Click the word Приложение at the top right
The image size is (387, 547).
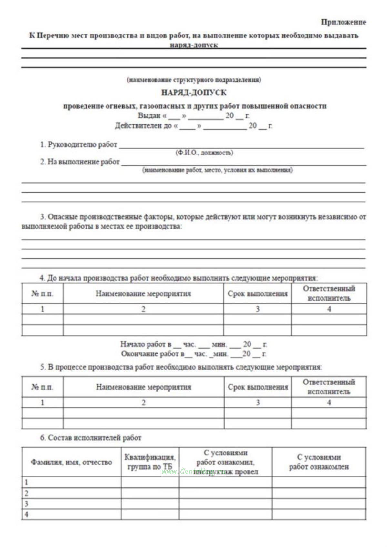pyautogui.click(x=343, y=22)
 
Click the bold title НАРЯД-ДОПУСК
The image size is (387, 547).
pyautogui.click(x=194, y=93)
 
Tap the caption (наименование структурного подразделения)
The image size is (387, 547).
pyautogui.click(x=194, y=80)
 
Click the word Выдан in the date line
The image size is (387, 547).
pyautogui.click(x=149, y=115)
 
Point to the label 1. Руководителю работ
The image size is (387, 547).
pyautogui.click(x=78, y=145)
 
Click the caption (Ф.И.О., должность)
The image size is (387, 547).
pyautogui.click(x=204, y=153)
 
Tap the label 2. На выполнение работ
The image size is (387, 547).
pyautogui.click(x=80, y=162)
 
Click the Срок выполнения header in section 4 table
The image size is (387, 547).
pyautogui.click(x=257, y=294)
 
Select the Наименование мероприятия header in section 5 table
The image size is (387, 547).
pyautogui.click(x=143, y=387)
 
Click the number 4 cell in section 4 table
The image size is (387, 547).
pyautogui.click(x=329, y=309)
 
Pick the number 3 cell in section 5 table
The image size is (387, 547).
pyautogui.click(x=258, y=403)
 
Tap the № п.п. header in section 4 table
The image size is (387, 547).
pyautogui.click(x=42, y=294)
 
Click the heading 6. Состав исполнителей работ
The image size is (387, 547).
pyautogui.click(x=91, y=438)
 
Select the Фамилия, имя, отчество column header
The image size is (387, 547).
pyautogui.click(x=71, y=462)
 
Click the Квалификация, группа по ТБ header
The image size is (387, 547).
pyautogui.click(x=150, y=462)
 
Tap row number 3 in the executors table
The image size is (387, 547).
pyautogui.click(x=26, y=504)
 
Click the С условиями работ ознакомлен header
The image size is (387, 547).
pyautogui.click(x=319, y=462)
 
